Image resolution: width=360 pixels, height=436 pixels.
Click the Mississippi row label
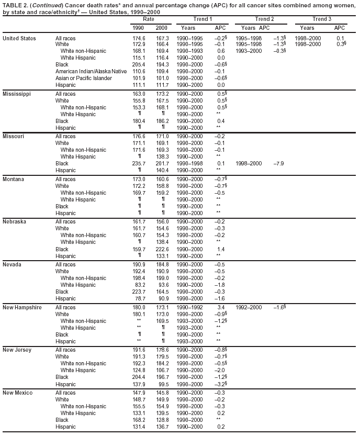point(17,94)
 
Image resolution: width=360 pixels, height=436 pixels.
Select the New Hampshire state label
point(22,307)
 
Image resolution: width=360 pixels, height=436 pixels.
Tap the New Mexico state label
point(18,392)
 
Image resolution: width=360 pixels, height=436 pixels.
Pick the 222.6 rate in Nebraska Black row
point(162,250)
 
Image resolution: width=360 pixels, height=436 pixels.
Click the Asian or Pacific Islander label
point(83,78)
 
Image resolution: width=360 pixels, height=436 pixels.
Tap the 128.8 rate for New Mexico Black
point(162,420)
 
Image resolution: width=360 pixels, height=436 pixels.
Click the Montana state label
point(14,179)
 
